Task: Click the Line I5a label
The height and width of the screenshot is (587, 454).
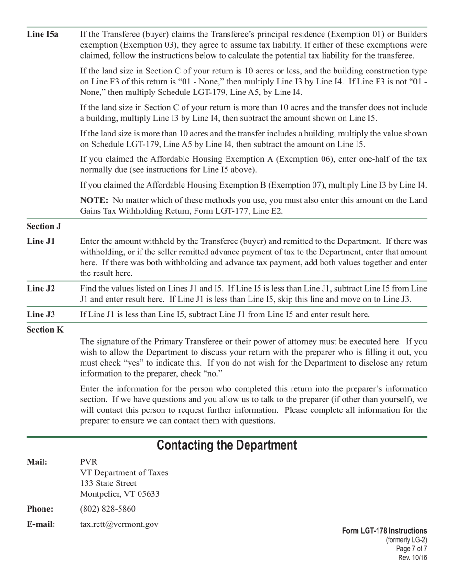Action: pyautogui.click(x=43, y=35)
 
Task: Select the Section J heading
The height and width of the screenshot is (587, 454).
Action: pyautogui.click(x=43, y=226)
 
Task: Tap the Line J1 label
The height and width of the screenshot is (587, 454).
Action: pyautogui.click(x=41, y=241)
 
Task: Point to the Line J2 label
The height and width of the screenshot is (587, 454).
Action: pyautogui.click(x=41, y=288)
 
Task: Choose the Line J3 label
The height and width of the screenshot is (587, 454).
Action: pyautogui.click(x=41, y=314)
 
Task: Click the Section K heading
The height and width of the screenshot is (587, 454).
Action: pyautogui.click(x=45, y=329)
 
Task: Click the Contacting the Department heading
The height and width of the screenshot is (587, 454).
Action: pyautogui.click(x=227, y=445)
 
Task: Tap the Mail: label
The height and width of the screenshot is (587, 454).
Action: pyautogui.click(x=37, y=462)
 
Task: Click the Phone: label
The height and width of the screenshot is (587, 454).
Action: pyautogui.click(x=40, y=509)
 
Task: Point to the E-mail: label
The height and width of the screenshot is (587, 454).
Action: pyautogui.click(x=41, y=524)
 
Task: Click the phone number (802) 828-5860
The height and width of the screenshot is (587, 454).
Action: pyautogui.click(x=108, y=509)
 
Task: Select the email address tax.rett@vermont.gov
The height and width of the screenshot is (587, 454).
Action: pyautogui.click(x=119, y=524)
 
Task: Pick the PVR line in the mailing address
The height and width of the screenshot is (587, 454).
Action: pyautogui.click(x=88, y=462)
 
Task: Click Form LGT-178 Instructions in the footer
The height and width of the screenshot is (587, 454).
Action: pyautogui.click(x=384, y=531)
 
